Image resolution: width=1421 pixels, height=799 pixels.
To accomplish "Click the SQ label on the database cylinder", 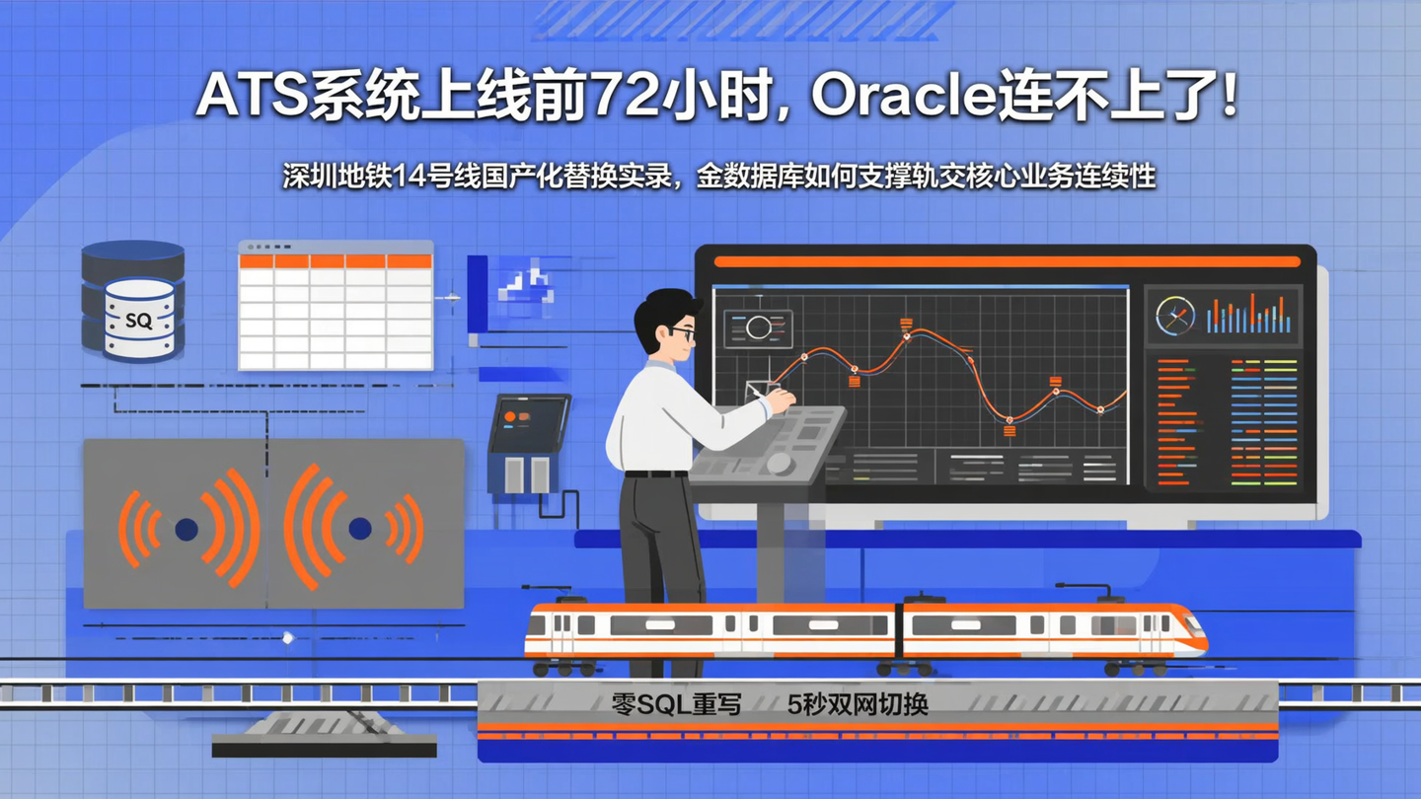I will [x=139, y=321].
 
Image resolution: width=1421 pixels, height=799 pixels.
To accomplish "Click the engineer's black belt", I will [x=655, y=473].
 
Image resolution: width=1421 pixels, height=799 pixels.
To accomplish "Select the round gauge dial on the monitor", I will [x=1174, y=316].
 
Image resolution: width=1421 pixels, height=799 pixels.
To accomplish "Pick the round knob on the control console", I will [x=779, y=463].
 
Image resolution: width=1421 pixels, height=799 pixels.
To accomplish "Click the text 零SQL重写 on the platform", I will [x=676, y=704].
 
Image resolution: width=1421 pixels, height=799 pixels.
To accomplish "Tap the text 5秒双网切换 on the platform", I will [x=858, y=704].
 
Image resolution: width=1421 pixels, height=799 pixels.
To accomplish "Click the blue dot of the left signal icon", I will [x=187, y=530].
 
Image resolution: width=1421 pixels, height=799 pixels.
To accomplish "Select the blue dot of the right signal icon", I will [x=360, y=529].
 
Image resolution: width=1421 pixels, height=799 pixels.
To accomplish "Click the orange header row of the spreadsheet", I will [x=336, y=261].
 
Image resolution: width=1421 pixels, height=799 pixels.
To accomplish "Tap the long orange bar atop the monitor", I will [x=1006, y=261].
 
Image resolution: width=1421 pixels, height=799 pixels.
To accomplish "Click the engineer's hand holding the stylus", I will [x=780, y=400].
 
